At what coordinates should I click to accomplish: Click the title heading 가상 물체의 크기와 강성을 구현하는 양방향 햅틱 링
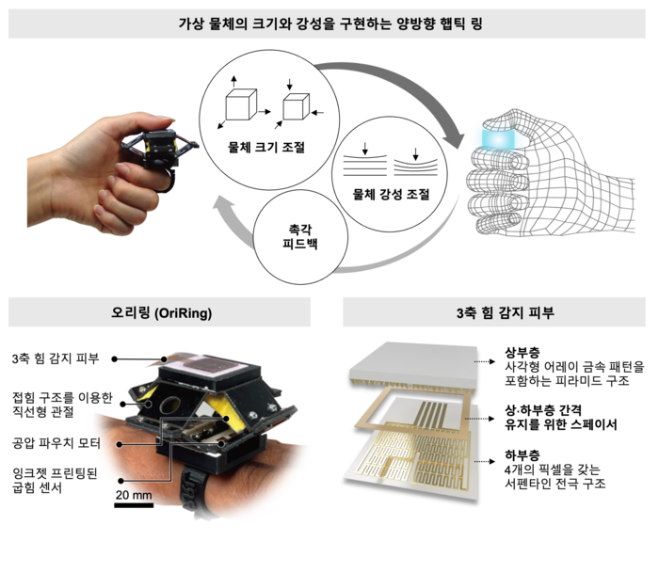pos(329,24)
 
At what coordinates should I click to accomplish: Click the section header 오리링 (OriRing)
pos(167,312)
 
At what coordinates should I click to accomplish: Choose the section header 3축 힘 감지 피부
pos(493,312)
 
